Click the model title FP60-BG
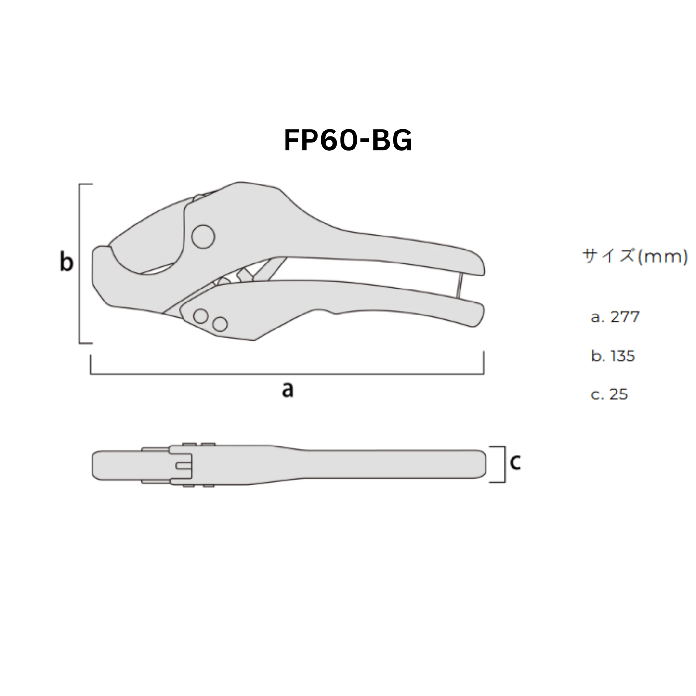click(348, 141)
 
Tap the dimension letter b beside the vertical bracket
click(66, 263)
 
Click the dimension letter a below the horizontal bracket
click(288, 389)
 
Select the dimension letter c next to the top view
click(515, 462)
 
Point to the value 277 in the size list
click(625, 317)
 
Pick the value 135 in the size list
click(622, 356)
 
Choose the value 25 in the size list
click(618, 394)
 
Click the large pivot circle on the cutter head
click(203, 237)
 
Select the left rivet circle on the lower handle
click(200, 316)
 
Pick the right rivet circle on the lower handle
click(220, 324)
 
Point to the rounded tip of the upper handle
click(477, 265)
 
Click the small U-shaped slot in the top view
click(184, 465)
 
